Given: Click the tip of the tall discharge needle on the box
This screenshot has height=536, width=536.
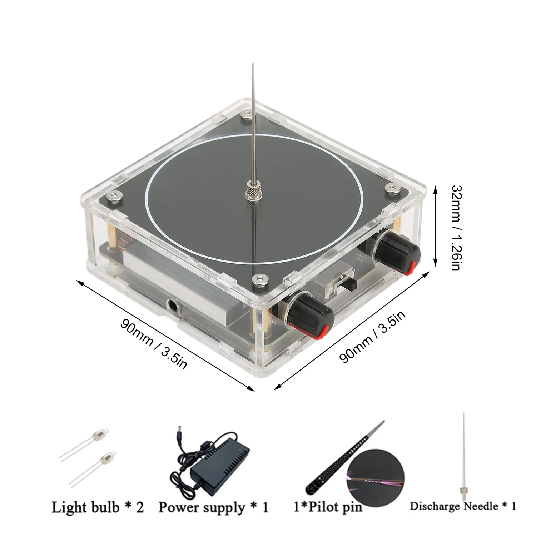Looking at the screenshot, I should click(253, 65).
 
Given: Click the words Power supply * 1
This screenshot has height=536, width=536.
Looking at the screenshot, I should click(213, 507).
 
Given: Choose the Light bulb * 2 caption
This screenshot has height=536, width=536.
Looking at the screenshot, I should click(98, 507).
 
